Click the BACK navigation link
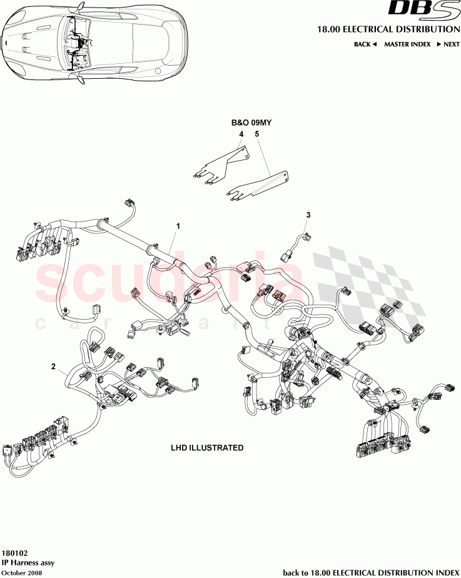(365, 44)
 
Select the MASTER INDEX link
(407, 44)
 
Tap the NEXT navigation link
(448, 44)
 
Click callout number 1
(178, 225)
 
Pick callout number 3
(308, 215)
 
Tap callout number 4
(240, 134)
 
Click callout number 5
(256, 134)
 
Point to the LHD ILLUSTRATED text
(207, 448)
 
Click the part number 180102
(14, 554)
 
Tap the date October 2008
(22, 572)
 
